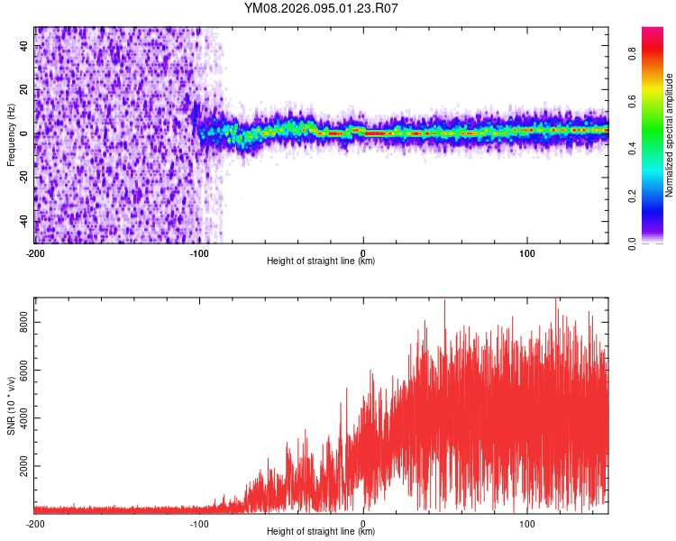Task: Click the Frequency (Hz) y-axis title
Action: (12, 135)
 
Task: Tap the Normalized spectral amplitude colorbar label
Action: (670, 135)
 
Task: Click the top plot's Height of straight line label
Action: (321, 261)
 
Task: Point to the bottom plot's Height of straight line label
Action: (321, 532)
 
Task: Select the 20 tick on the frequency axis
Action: (24, 89)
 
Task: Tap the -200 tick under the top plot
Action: (35, 253)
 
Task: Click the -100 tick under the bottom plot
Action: (199, 523)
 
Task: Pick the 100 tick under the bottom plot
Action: (527, 523)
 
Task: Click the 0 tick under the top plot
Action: (363, 253)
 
